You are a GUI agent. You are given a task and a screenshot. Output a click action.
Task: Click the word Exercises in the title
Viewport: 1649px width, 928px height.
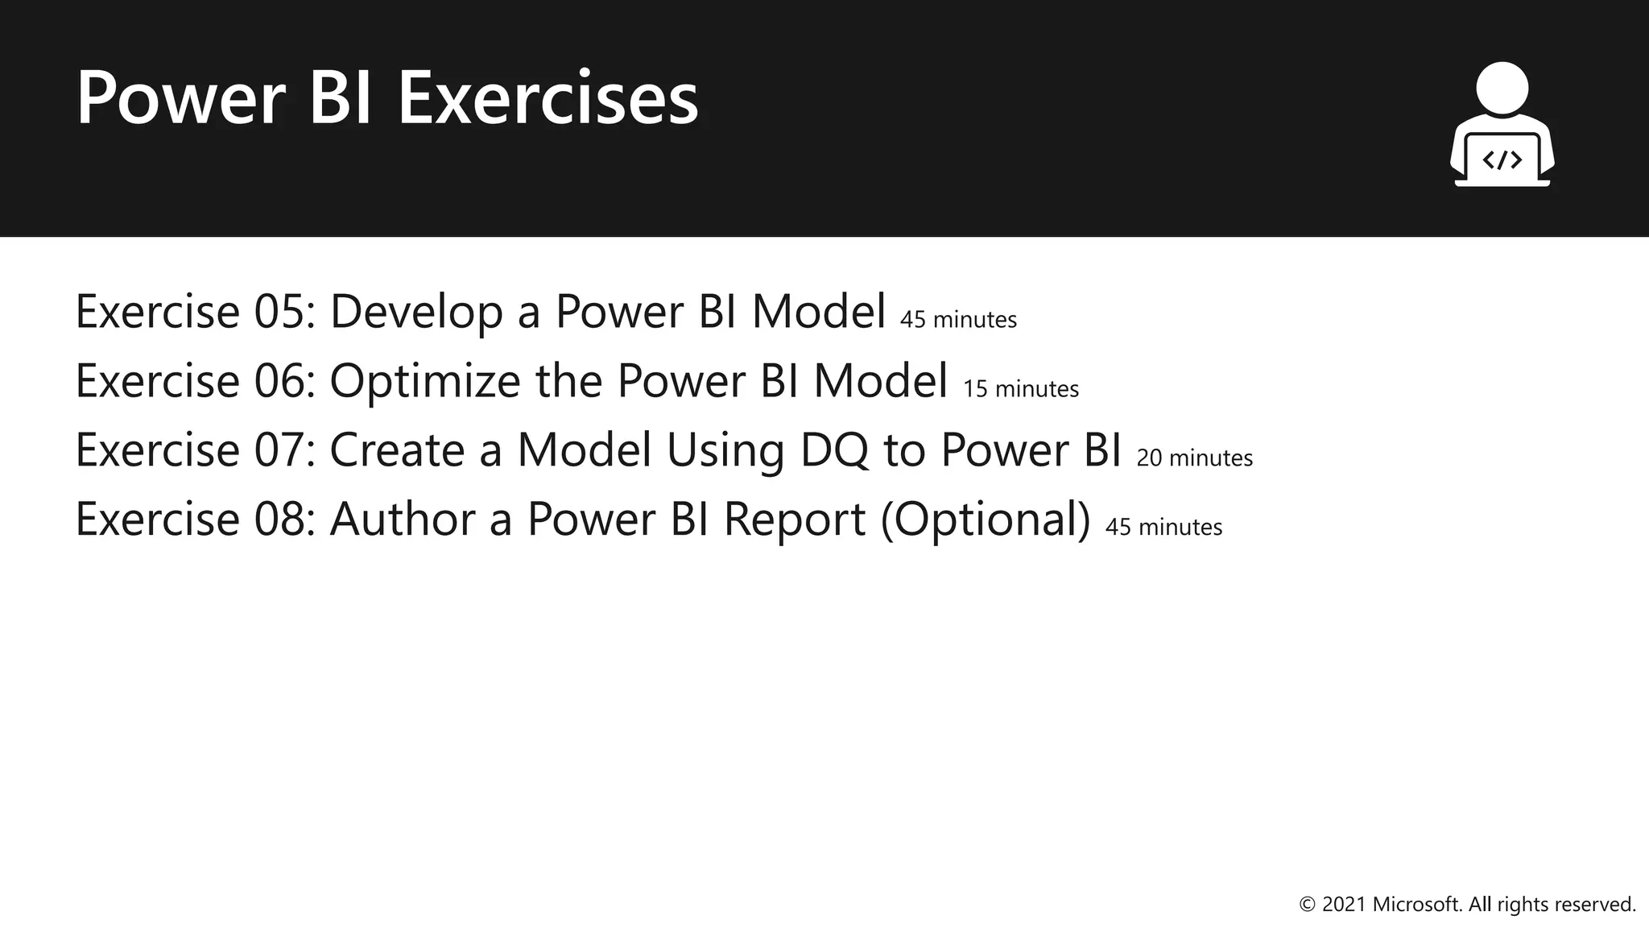548,98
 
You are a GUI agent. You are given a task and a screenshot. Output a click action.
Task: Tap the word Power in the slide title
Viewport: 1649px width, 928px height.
180,98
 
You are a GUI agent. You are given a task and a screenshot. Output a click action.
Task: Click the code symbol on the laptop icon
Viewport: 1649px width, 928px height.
1502,159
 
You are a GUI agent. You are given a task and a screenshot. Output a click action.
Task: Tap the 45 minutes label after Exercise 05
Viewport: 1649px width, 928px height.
958,320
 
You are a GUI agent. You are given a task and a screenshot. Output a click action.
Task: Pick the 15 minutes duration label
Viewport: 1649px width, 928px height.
1020,389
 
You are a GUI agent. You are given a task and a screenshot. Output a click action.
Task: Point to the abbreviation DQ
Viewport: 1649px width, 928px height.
834,450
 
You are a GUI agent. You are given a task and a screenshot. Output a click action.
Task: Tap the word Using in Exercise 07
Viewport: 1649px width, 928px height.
725,450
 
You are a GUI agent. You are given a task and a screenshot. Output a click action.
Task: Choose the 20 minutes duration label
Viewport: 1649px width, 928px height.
1194,458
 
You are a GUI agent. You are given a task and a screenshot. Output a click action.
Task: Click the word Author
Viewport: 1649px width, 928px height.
402,520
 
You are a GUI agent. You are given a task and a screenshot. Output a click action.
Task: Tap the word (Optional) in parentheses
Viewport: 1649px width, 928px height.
985,520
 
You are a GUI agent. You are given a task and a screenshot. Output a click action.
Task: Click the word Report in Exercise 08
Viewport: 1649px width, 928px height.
794,520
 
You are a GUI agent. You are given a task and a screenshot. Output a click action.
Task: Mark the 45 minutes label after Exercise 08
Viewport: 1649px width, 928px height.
1163,528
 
